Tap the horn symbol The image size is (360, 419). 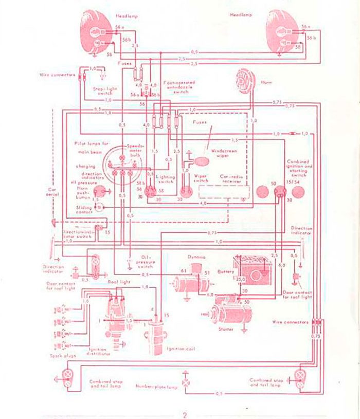pos(242,80)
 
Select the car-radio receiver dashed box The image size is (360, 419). pos(224,192)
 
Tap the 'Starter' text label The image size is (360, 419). pos(226,329)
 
